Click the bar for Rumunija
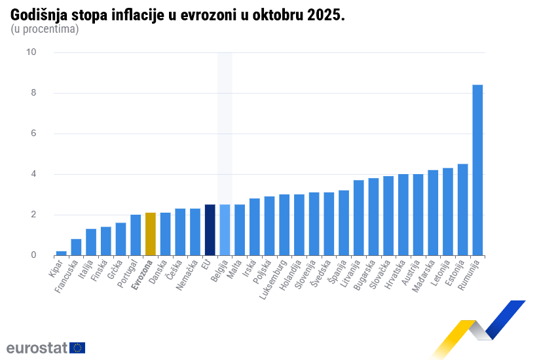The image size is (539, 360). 477,170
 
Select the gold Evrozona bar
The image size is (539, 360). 150,234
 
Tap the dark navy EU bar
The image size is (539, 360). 210,230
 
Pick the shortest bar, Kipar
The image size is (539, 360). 61,253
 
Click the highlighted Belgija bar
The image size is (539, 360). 225,230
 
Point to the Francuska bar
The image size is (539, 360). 76,247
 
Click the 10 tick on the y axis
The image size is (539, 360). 31,52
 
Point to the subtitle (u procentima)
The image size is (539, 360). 45,29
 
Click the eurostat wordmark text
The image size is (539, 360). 37,348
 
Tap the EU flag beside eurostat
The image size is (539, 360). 77,348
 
